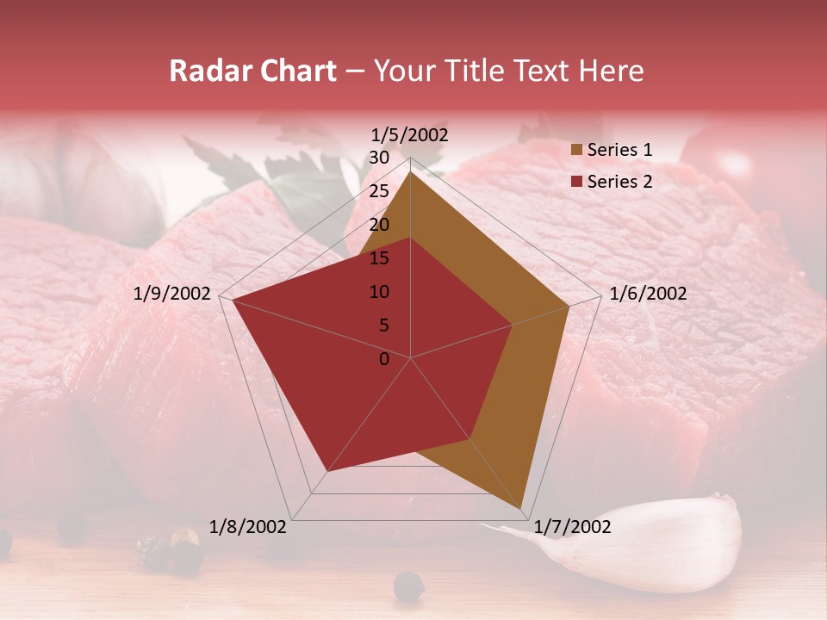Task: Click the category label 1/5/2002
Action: pos(410,135)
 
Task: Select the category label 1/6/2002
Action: pos(648,294)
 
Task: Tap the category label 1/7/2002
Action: pos(572,527)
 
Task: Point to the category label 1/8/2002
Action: pos(248,527)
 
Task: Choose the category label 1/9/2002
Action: pos(172,294)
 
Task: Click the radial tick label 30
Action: pos(379,158)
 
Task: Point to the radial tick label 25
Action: pos(379,191)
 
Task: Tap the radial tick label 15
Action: pos(379,258)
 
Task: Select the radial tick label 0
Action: pos(384,359)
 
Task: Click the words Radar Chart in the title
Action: pos(252,71)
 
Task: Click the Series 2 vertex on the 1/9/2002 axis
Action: pos(232,300)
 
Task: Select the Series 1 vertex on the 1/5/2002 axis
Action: pos(410,171)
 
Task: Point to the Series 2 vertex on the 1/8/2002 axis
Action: pos(327,471)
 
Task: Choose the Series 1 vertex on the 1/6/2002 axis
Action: pos(569,306)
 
